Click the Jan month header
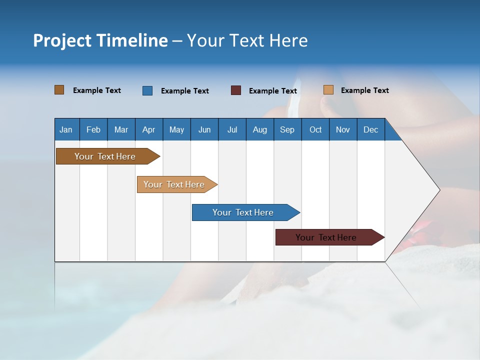[66, 129]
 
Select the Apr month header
[148, 129]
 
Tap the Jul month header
[232, 129]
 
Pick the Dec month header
[370, 129]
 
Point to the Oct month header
[315, 129]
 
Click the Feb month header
[93, 129]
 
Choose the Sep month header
[287, 129]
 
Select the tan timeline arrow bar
[175, 184]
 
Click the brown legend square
[59, 90]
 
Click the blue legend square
[147, 90]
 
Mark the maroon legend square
[235, 90]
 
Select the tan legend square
[328, 90]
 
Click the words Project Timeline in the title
[100, 40]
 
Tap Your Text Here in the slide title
[247, 40]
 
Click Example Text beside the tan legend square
[364, 90]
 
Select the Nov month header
[342, 129]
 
